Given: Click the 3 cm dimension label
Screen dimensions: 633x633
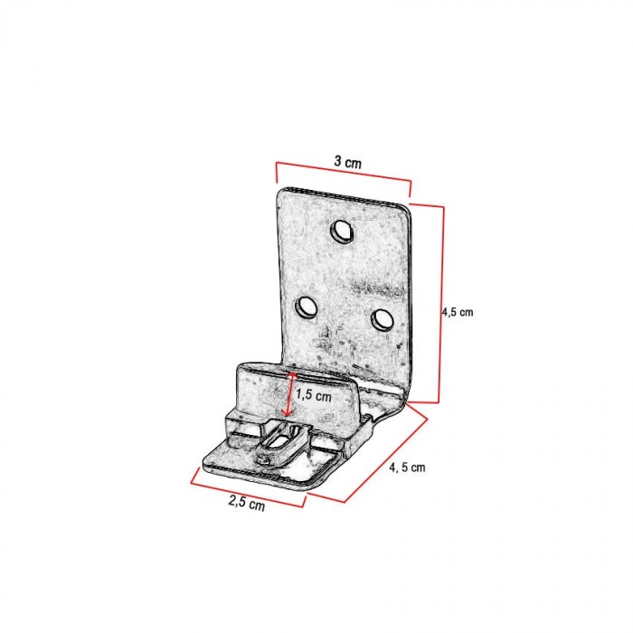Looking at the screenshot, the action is [x=347, y=162].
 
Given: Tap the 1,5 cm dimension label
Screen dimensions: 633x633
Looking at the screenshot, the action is [x=314, y=395].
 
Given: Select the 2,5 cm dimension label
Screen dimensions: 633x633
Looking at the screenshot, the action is [x=247, y=503].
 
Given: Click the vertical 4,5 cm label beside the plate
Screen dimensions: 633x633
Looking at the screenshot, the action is [x=458, y=312].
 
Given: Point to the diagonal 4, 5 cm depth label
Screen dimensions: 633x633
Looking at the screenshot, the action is [x=407, y=468].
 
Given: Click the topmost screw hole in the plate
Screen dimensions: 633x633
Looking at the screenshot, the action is [x=342, y=231].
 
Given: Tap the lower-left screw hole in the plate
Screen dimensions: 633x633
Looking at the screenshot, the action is [x=306, y=307].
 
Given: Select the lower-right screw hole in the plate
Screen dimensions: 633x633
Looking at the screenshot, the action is [x=382, y=320].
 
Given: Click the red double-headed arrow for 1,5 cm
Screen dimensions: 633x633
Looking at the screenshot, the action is [x=290, y=393].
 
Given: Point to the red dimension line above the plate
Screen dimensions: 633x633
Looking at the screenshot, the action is [x=344, y=173].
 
